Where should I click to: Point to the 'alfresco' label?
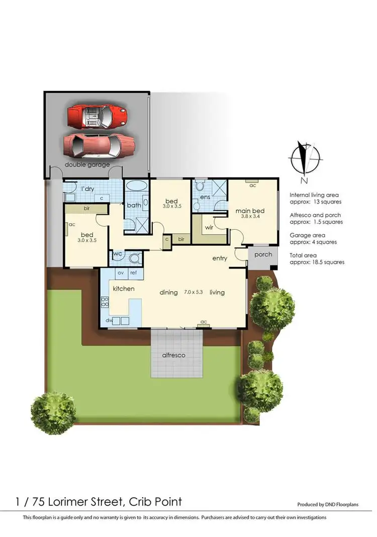173,355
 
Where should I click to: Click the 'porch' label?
262,254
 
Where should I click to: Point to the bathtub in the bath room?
136,186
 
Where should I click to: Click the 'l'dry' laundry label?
88,189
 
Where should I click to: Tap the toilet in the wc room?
134,258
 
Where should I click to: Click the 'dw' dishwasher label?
109,320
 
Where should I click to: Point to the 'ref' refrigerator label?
134,273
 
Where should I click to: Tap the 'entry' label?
220,258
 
